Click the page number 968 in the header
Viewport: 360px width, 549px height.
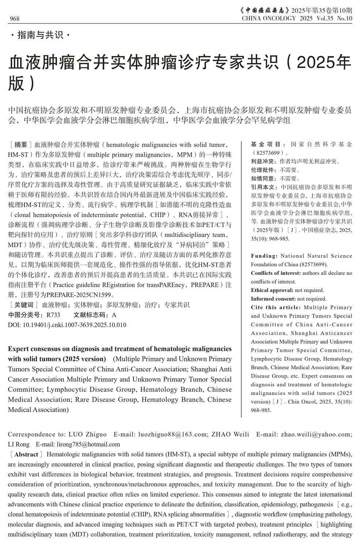(15, 19)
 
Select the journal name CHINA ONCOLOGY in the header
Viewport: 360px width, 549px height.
(269, 18)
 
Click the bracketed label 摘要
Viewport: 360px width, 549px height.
(21, 145)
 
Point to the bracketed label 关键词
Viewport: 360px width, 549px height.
(23, 305)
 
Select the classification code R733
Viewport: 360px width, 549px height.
(53, 315)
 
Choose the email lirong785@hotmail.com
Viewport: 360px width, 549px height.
(88, 444)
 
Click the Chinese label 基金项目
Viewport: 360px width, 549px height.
(266, 145)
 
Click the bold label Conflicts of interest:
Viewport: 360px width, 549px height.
(276, 273)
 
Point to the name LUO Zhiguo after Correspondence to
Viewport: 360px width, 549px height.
(87, 434)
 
